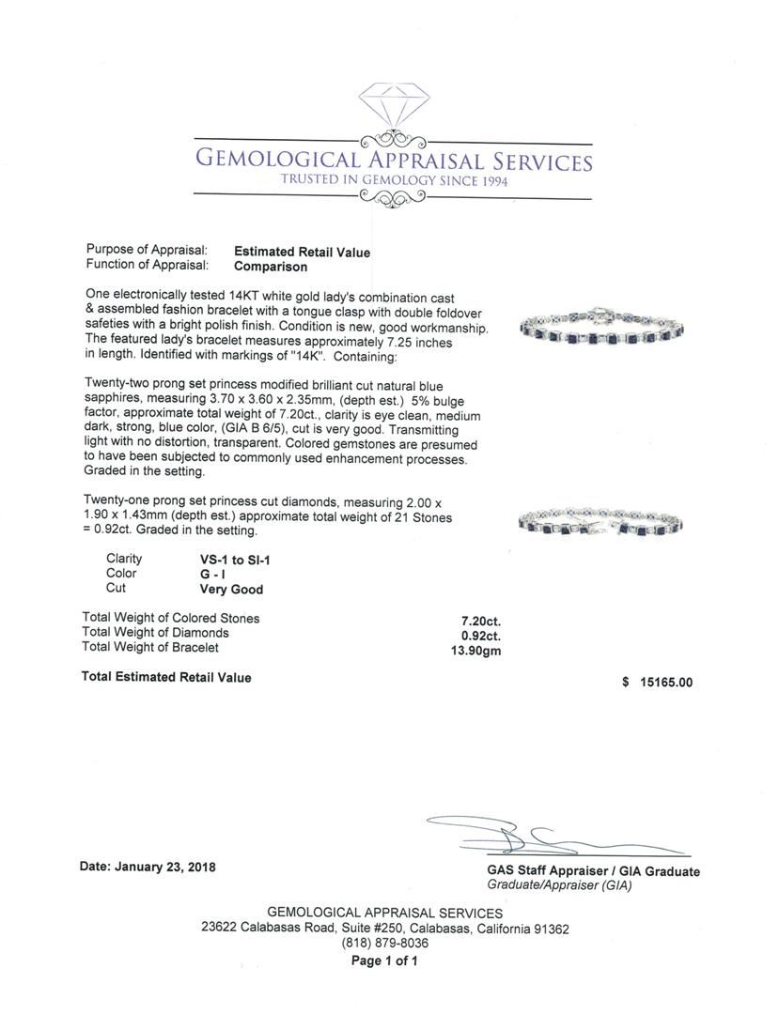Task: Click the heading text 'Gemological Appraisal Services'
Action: pyautogui.click(x=393, y=161)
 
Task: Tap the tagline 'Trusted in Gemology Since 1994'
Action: pyautogui.click(x=394, y=180)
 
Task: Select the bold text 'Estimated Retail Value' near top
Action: pyautogui.click(x=302, y=253)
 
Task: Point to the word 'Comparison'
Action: pyautogui.click(x=272, y=267)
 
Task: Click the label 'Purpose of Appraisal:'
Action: pyautogui.click(x=147, y=251)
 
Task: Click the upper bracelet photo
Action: pyautogui.click(x=601, y=327)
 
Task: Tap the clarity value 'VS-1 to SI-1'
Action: pyautogui.click(x=231, y=560)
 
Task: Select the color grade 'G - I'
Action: pyautogui.click(x=214, y=575)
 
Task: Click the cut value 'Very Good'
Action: pyautogui.click(x=231, y=591)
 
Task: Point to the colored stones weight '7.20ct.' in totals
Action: pyautogui.click(x=480, y=620)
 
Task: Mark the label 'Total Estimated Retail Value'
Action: pyautogui.click(x=166, y=678)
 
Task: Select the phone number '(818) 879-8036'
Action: pyautogui.click(x=385, y=944)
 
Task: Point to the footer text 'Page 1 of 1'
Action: pyautogui.click(x=385, y=961)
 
